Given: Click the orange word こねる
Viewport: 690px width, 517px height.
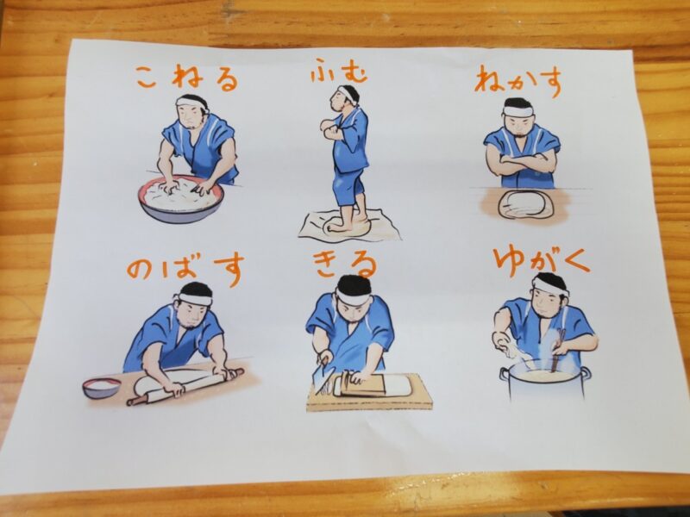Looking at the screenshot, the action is pyautogui.click(x=187, y=79).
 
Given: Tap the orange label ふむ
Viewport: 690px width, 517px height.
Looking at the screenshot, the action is pyautogui.click(x=338, y=72).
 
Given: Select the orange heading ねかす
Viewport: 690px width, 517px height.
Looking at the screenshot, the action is pyautogui.click(x=519, y=81).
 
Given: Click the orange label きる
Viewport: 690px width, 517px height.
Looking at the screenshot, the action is pyautogui.click(x=346, y=265).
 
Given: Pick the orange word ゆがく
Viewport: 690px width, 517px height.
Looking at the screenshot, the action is pyautogui.click(x=542, y=262).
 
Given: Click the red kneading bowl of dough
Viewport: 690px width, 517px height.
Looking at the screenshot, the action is pyautogui.click(x=180, y=199).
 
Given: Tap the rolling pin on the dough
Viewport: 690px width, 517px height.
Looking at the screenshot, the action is pyautogui.click(x=185, y=387).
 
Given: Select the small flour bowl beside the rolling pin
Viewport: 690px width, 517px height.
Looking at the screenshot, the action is pyautogui.click(x=102, y=387).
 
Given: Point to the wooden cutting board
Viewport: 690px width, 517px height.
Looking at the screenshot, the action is pyautogui.click(x=369, y=394).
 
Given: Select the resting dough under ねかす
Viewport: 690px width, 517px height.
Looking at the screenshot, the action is pyautogui.click(x=524, y=205).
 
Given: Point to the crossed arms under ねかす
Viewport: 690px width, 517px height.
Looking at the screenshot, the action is pyautogui.click(x=522, y=165).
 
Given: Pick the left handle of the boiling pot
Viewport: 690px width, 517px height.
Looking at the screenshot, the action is pyautogui.click(x=504, y=375).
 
